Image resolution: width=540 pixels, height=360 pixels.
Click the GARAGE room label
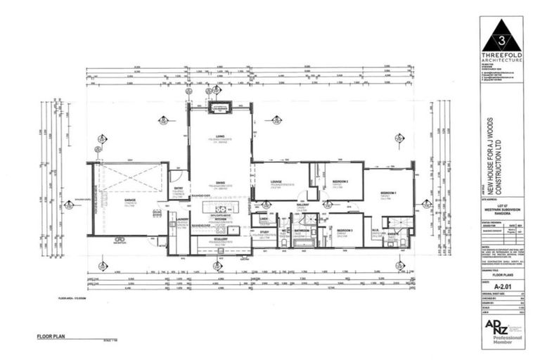coord(131,201)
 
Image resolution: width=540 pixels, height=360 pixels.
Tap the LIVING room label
coord(220,136)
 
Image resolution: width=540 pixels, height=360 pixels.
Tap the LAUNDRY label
coord(180,220)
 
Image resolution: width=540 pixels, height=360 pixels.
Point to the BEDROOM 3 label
coord(344,231)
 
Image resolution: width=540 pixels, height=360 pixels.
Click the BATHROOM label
coord(302,231)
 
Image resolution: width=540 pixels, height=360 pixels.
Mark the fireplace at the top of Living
coord(220,108)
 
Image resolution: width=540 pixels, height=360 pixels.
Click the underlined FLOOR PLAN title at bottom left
coord(53,337)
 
